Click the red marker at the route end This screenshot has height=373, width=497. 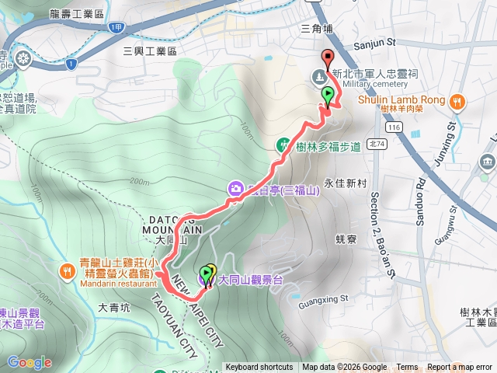click(327, 58)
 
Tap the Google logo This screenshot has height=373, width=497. click(29, 362)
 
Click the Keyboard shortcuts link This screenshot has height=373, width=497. click(259, 368)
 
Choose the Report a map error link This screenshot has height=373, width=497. click(460, 368)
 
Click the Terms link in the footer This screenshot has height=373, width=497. click(407, 368)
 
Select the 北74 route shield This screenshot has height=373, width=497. click(377, 143)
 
